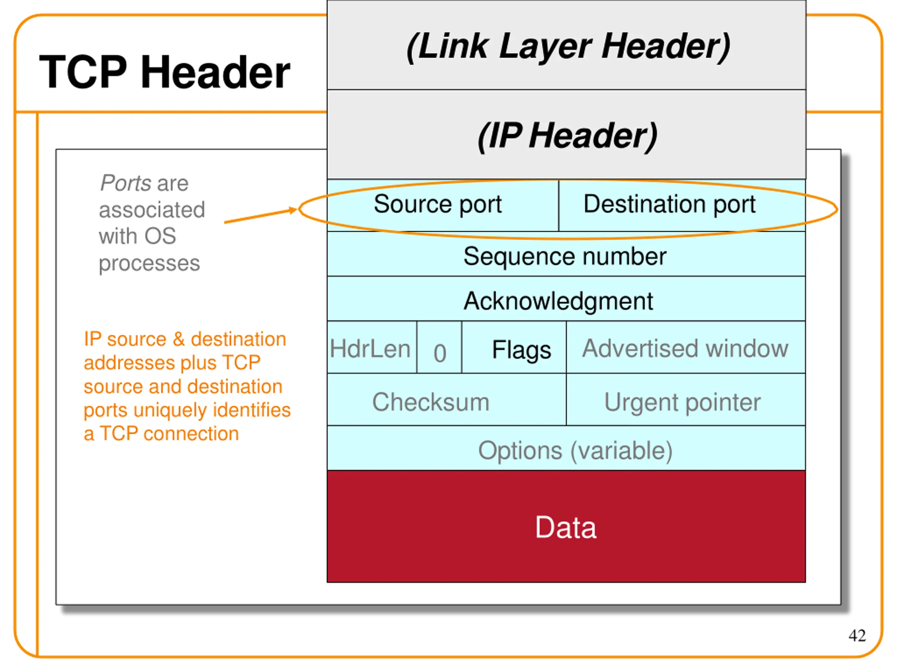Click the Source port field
438,204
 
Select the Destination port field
669,204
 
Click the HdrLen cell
370,349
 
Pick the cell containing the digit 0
440,352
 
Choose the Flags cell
521,350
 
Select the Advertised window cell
685,348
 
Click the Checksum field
431,402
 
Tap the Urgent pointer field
682,402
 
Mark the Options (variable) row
575,450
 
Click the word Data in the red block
566,527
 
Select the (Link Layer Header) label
568,47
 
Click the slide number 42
857,636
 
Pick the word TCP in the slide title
83,72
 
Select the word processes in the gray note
149,263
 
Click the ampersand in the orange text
178,339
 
